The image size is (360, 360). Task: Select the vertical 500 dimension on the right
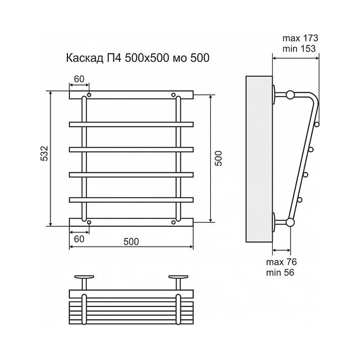(218, 158)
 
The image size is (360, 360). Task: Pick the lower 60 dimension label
(78, 239)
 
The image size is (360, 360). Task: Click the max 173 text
(301, 38)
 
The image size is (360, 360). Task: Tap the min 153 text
(300, 48)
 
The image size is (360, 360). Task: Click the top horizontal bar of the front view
(131, 95)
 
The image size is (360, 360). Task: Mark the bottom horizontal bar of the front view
(131, 222)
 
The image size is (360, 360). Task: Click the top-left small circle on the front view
(89, 95)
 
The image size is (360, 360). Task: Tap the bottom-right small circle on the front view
(174, 222)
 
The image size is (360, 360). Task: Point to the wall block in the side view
(258, 159)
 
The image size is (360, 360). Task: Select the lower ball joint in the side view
(291, 222)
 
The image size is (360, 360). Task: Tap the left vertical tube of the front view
(84, 159)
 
